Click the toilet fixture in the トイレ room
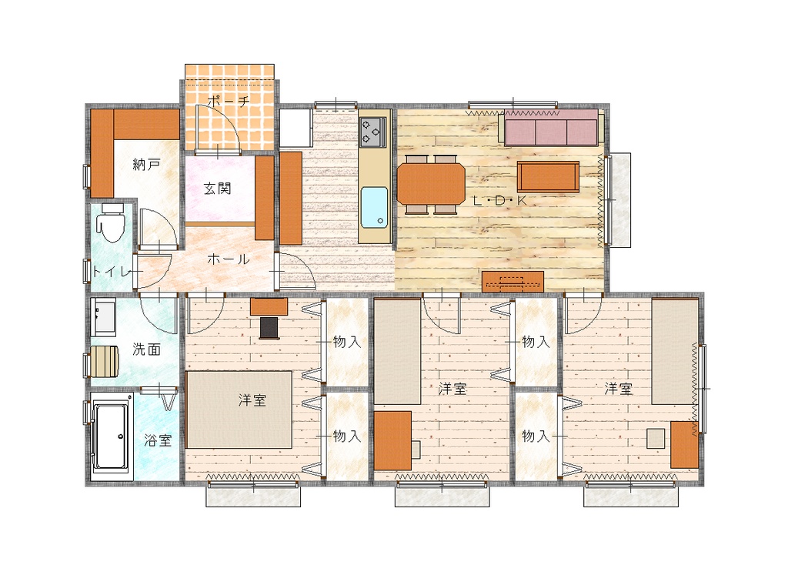tap(112, 222)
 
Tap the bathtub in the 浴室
tap(111, 436)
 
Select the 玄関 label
tap(218, 189)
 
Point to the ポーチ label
tap(228, 101)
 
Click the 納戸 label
tap(146, 164)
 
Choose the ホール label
tap(228, 259)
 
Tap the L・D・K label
tap(500, 201)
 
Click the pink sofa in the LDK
tap(551, 128)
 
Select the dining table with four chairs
tap(431, 184)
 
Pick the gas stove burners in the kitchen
tap(373, 132)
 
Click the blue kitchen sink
tap(375, 207)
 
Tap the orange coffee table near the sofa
tap(548, 176)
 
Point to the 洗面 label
tap(147, 349)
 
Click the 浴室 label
tap(158, 441)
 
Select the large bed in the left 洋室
tap(239, 410)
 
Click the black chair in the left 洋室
tap(269, 328)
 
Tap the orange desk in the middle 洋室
tap(393, 441)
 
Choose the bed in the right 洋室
tap(675, 351)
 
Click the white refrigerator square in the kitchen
tap(296, 128)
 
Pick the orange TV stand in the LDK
tap(513, 282)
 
